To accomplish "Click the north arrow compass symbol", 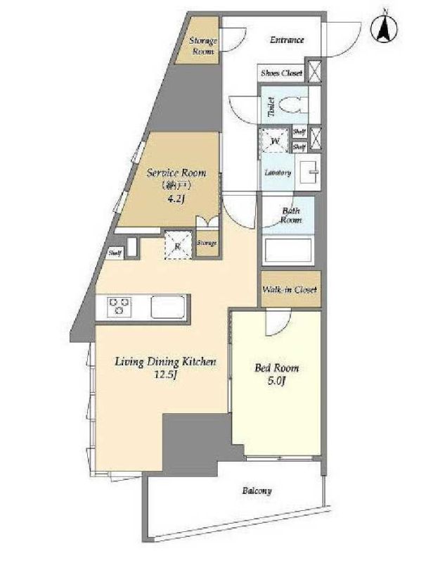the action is coord(384,28).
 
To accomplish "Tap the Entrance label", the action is coord(287,40).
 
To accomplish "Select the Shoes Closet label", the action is coord(281,73).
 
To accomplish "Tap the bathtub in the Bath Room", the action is coord(288,251).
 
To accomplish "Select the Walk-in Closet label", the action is coord(290,289).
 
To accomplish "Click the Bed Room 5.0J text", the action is coord(276,374).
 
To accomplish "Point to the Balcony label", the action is coord(257,491).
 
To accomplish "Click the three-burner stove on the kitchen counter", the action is coord(119,307).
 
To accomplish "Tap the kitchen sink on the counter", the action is coord(168,307).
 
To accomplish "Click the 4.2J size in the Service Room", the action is coord(176,199).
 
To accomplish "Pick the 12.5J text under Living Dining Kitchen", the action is coord(166,374).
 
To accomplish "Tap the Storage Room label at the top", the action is coord(203,46).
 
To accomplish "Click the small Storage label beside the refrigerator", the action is coord(207,243).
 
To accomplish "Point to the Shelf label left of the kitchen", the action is coord(115,253).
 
